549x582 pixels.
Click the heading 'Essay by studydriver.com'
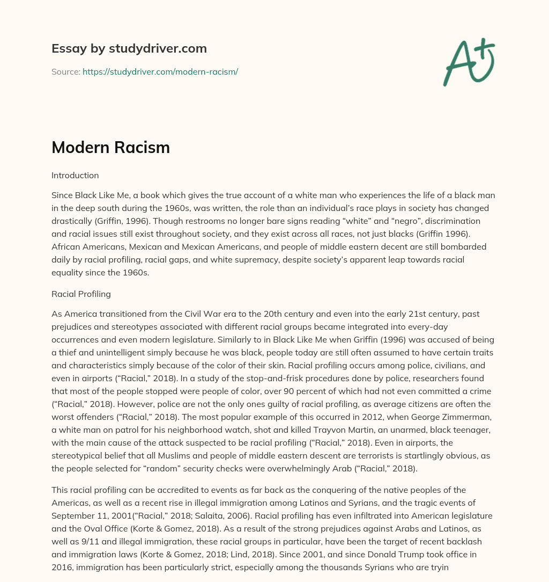point(129,48)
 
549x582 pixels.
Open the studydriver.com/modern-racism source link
point(160,71)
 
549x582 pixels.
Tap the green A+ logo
point(469,62)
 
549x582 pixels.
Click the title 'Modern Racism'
point(110,148)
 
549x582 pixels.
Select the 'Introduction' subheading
point(75,175)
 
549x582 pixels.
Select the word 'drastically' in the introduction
point(72,221)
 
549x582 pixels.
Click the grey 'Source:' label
point(65,71)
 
